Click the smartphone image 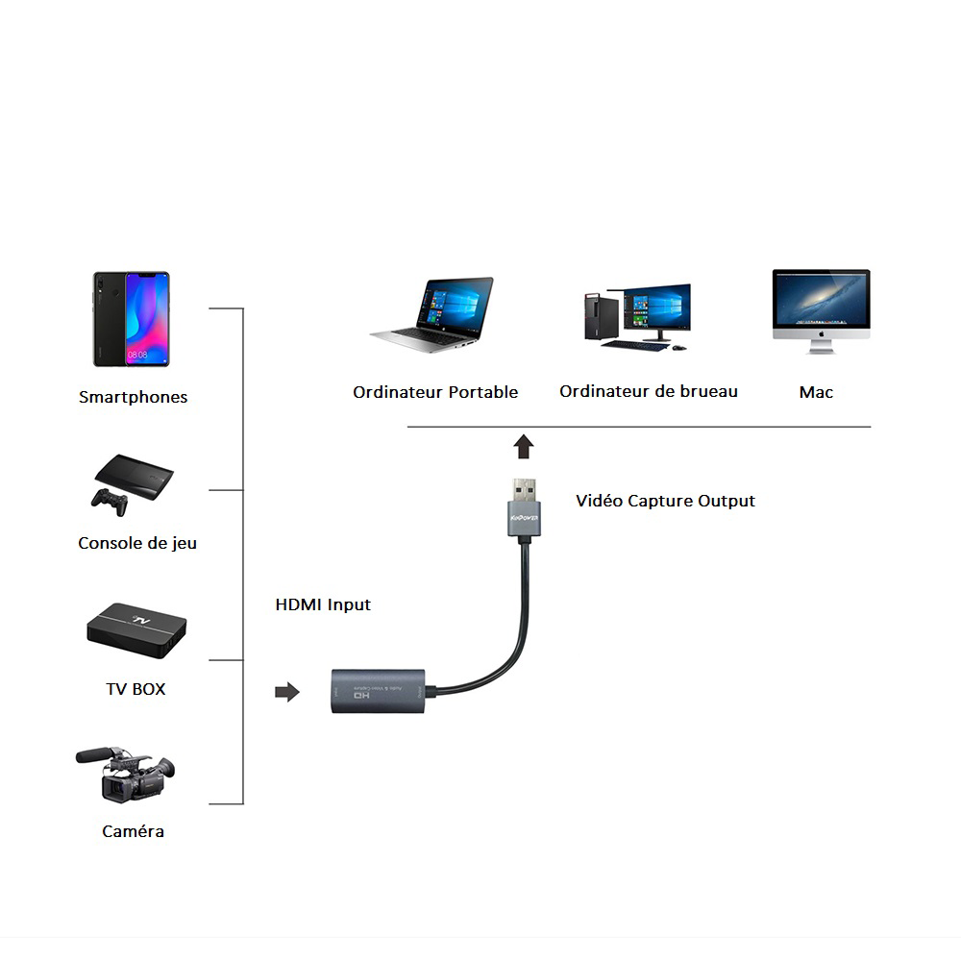131,319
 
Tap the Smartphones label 133,397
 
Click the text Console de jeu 137,543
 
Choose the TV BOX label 136,689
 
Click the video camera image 125,774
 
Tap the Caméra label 133,831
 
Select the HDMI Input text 323,604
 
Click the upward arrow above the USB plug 524,447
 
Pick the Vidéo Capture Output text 665,501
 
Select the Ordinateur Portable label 435,392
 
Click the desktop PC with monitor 636,315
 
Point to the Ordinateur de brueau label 649,391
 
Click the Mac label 816,392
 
